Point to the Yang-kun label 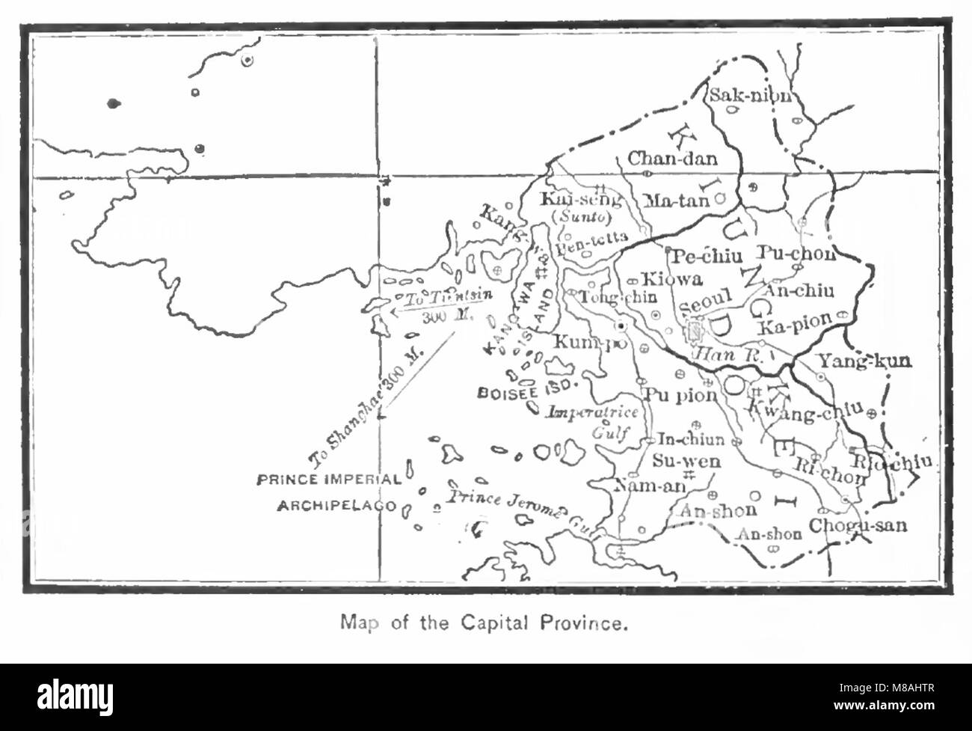[x=864, y=361]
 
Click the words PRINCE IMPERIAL [x=328, y=480]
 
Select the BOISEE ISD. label [x=524, y=389]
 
